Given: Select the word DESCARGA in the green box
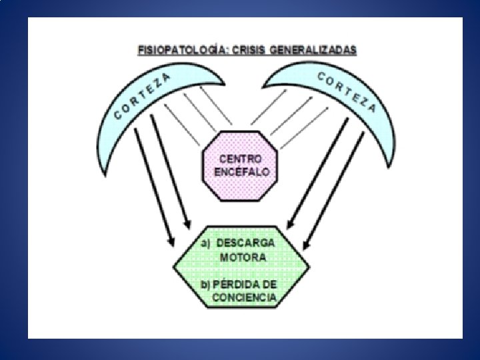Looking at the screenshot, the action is tap(256, 243).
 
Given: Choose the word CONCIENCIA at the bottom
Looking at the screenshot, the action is tap(243, 298).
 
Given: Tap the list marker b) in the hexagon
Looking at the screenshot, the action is tap(206, 285).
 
